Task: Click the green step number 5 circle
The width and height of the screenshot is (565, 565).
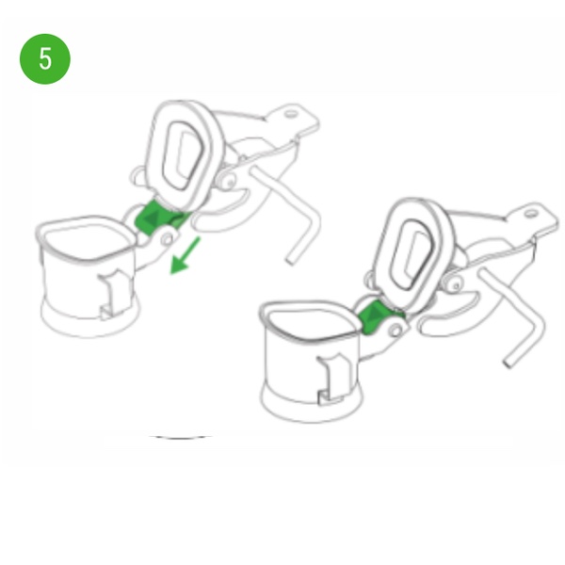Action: click(x=45, y=59)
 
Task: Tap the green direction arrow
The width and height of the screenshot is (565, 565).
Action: click(x=185, y=256)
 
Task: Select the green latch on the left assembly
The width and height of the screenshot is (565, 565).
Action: click(x=158, y=218)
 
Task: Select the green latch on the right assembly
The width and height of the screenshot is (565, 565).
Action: click(x=379, y=316)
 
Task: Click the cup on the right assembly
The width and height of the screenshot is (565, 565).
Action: click(x=311, y=362)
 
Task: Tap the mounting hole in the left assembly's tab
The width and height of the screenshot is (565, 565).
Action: click(x=291, y=114)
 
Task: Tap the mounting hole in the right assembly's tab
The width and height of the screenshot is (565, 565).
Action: click(x=530, y=214)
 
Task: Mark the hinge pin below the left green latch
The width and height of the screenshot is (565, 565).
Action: click(x=167, y=238)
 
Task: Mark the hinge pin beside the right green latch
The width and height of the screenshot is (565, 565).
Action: click(x=396, y=331)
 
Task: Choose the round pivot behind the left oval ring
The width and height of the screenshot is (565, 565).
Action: click(x=228, y=180)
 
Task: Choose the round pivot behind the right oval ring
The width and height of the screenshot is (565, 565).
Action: click(x=455, y=284)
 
